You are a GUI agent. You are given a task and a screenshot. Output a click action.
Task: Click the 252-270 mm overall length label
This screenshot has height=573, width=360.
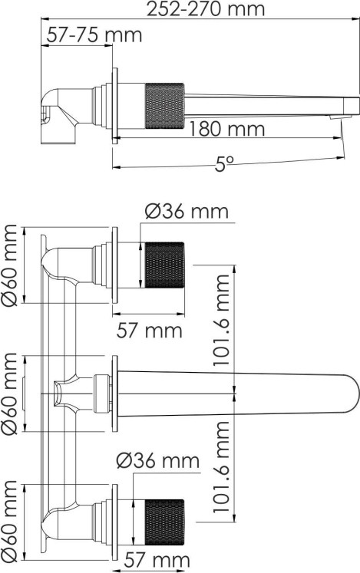tap(205, 8)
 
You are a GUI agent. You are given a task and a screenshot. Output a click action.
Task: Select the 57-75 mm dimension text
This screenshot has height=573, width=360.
tap(94, 35)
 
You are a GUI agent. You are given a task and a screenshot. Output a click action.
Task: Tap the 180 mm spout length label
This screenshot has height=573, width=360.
tap(227, 129)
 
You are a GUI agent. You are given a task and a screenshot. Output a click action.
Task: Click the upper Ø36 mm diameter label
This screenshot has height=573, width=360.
tap(187, 212)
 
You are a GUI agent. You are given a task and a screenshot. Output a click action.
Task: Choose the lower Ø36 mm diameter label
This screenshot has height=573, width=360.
tap(158, 461)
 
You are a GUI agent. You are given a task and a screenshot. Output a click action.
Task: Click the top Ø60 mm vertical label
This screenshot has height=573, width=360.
tap(9, 265)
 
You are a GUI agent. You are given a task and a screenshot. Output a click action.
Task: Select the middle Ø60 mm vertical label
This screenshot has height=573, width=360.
tap(9, 394)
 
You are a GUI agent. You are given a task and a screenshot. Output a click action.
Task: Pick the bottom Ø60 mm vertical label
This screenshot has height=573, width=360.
tap(9, 521)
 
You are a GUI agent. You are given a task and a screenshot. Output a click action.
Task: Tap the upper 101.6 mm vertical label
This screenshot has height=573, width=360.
tap(221, 321)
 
